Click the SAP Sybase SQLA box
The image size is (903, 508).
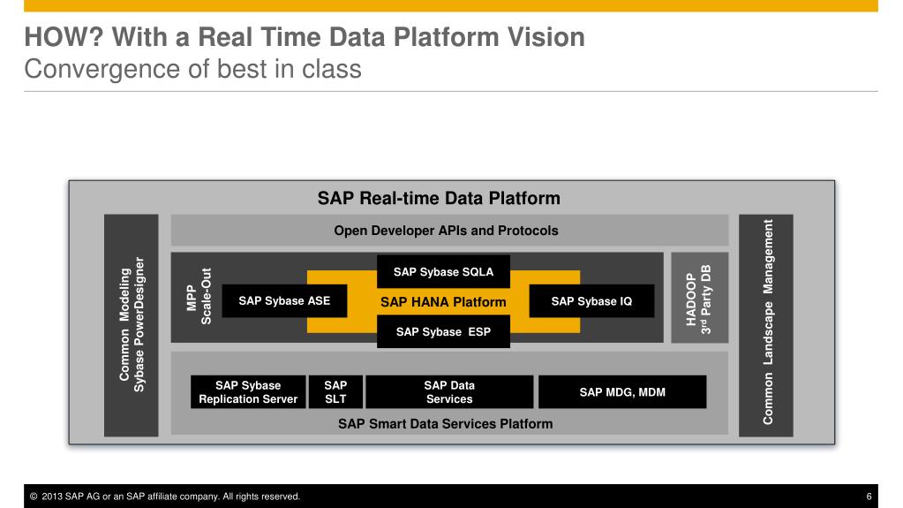click(443, 271)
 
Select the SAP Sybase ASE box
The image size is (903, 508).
click(284, 301)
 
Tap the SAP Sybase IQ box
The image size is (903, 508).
click(591, 301)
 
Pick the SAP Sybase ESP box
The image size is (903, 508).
click(443, 332)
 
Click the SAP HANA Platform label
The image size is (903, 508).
click(443, 302)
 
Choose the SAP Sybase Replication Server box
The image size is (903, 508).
click(248, 392)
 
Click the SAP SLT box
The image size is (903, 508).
click(335, 392)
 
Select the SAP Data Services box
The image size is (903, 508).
click(449, 392)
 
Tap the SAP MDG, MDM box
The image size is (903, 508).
click(622, 392)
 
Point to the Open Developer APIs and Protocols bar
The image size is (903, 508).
click(446, 231)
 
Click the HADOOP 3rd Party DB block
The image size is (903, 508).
click(699, 298)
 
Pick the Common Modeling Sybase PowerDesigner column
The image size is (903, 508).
click(132, 325)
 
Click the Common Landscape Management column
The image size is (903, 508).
click(766, 325)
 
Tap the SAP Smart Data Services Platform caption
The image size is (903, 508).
click(445, 424)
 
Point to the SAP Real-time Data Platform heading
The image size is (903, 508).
click(439, 198)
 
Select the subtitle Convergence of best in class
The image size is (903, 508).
click(192, 69)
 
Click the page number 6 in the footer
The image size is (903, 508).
click(869, 497)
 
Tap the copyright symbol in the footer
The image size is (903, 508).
click(34, 497)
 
